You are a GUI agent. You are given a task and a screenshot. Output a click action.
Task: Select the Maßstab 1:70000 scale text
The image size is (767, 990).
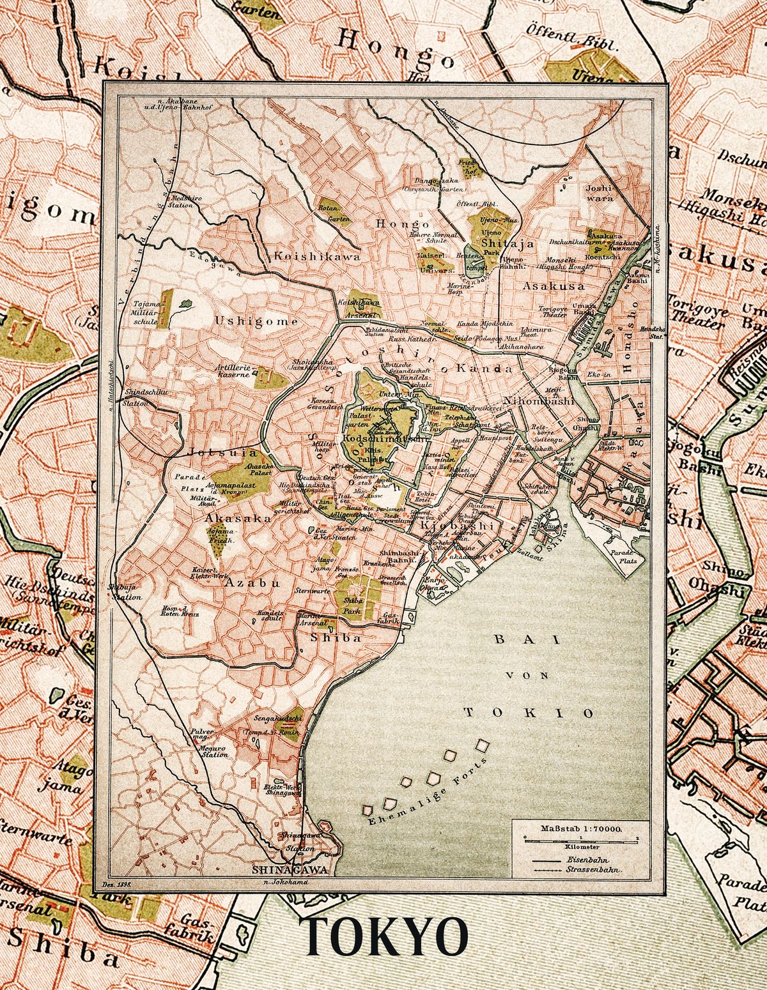click(581, 828)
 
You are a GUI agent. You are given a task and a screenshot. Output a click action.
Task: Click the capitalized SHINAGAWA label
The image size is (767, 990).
click(290, 870)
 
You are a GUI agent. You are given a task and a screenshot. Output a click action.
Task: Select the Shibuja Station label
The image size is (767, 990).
click(125, 592)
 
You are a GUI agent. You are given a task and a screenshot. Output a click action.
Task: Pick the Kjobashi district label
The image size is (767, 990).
click(458, 524)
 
